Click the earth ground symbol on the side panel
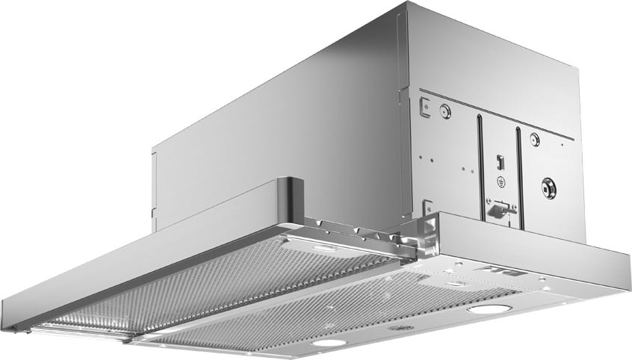[x=500, y=181]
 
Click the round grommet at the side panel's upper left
[x=444, y=111]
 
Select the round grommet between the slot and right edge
[x=534, y=139]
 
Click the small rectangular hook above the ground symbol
[x=499, y=161]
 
